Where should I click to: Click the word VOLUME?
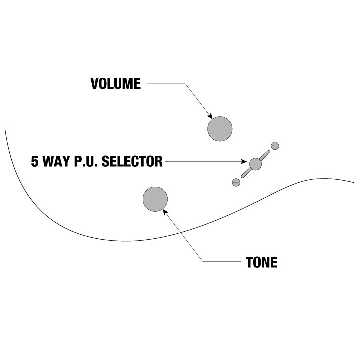(x=116, y=84)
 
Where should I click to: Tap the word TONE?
(x=261, y=262)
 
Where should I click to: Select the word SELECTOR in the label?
(x=132, y=161)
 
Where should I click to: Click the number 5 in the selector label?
(x=34, y=161)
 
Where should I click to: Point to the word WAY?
(x=56, y=161)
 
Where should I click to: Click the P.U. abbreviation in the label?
(x=86, y=161)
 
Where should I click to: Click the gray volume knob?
(x=220, y=129)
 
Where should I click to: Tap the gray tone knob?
(x=155, y=199)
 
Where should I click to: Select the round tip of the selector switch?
(x=255, y=164)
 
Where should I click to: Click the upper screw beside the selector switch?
(x=275, y=146)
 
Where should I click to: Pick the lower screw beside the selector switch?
(x=236, y=183)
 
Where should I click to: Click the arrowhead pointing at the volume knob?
(x=210, y=116)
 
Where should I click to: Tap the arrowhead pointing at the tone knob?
(x=165, y=212)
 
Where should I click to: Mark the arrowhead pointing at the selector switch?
(x=244, y=162)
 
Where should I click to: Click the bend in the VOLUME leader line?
(x=185, y=83)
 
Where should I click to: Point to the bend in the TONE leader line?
(x=203, y=261)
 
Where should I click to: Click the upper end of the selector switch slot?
(x=268, y=152)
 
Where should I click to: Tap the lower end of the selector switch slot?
(x=242, y=177)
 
